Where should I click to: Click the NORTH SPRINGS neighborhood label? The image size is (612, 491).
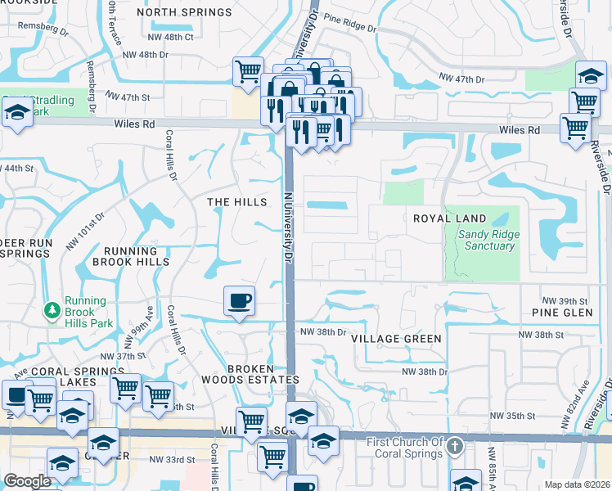[184, 12]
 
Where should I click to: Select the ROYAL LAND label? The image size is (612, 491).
[449, 218]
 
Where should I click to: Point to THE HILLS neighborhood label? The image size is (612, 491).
[237, 202]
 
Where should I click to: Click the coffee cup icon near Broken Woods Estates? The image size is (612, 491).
[239, 300]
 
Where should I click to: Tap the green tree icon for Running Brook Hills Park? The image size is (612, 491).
[53, 311]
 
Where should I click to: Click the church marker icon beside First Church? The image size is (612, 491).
[457, 447]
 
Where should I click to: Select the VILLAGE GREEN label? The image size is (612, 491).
[396, 338]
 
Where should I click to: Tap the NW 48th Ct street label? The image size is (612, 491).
[171, 37]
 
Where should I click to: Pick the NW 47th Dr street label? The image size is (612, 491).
[462, 79]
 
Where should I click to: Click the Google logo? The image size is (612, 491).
[27, 481]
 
